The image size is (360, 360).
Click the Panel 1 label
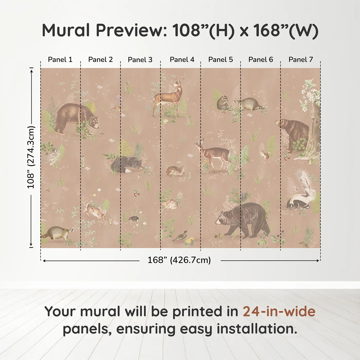click(x=60, y=60)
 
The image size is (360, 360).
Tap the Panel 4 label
click(x=182, y=60)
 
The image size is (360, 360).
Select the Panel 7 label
click(x=301, y=60)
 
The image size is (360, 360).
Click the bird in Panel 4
click(x=181, y=236)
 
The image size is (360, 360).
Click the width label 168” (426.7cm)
click(x=179, y=260)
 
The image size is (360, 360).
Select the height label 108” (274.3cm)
click(x=31, y=157)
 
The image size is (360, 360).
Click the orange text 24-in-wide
click(x=279, y=312)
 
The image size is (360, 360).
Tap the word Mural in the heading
click(x=66, y=30)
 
